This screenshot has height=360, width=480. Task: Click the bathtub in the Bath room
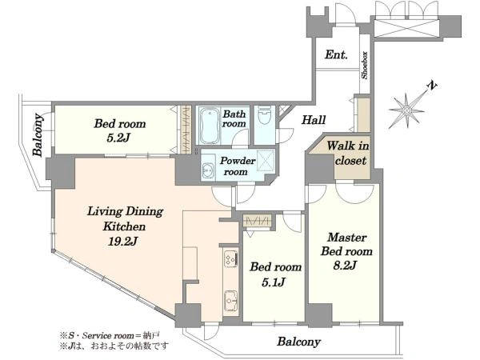point(210,126)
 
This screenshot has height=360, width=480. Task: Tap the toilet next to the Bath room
point(264,115)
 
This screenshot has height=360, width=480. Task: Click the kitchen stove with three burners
point(230,259)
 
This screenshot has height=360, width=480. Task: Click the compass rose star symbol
point(407,110)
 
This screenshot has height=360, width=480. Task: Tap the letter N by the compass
point(432,86)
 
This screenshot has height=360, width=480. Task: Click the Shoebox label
point(365,66)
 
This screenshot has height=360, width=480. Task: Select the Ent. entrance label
point(336,54)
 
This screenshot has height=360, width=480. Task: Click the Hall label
point(314,120)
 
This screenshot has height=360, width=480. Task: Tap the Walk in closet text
point(348,153)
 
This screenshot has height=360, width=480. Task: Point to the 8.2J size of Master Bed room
point(345,265)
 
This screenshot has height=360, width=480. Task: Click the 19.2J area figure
point(122,242)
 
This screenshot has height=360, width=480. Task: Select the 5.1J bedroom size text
point(274,282)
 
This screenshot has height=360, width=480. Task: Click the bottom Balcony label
point(298,342)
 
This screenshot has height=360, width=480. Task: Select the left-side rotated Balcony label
point(38,135)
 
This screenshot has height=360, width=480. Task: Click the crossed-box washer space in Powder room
point(265,160)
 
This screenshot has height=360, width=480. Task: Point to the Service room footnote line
point(110,335)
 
